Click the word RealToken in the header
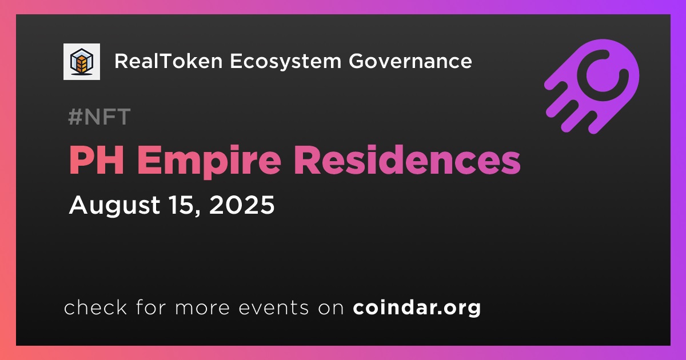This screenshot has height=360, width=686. tap(169, 61)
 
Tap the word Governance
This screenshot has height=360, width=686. tap(410, 61)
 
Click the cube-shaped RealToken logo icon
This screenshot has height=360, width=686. tap(81, 62)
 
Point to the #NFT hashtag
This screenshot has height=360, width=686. tap(99, 117)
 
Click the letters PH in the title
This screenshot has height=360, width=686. tap(97, 160)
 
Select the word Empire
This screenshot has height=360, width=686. tap(209, 161)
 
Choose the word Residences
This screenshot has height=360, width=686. tap(407, 159)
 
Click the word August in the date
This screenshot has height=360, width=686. tap(114, 205)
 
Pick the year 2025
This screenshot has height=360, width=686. tap(242, 205)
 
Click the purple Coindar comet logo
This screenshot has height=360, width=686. tap(592, 86)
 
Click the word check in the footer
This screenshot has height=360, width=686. tap(95, 307)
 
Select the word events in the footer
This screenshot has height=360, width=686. tap(274, 308)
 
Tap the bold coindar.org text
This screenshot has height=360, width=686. tap(417, 308)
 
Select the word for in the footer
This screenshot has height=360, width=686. tap(150, 307)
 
